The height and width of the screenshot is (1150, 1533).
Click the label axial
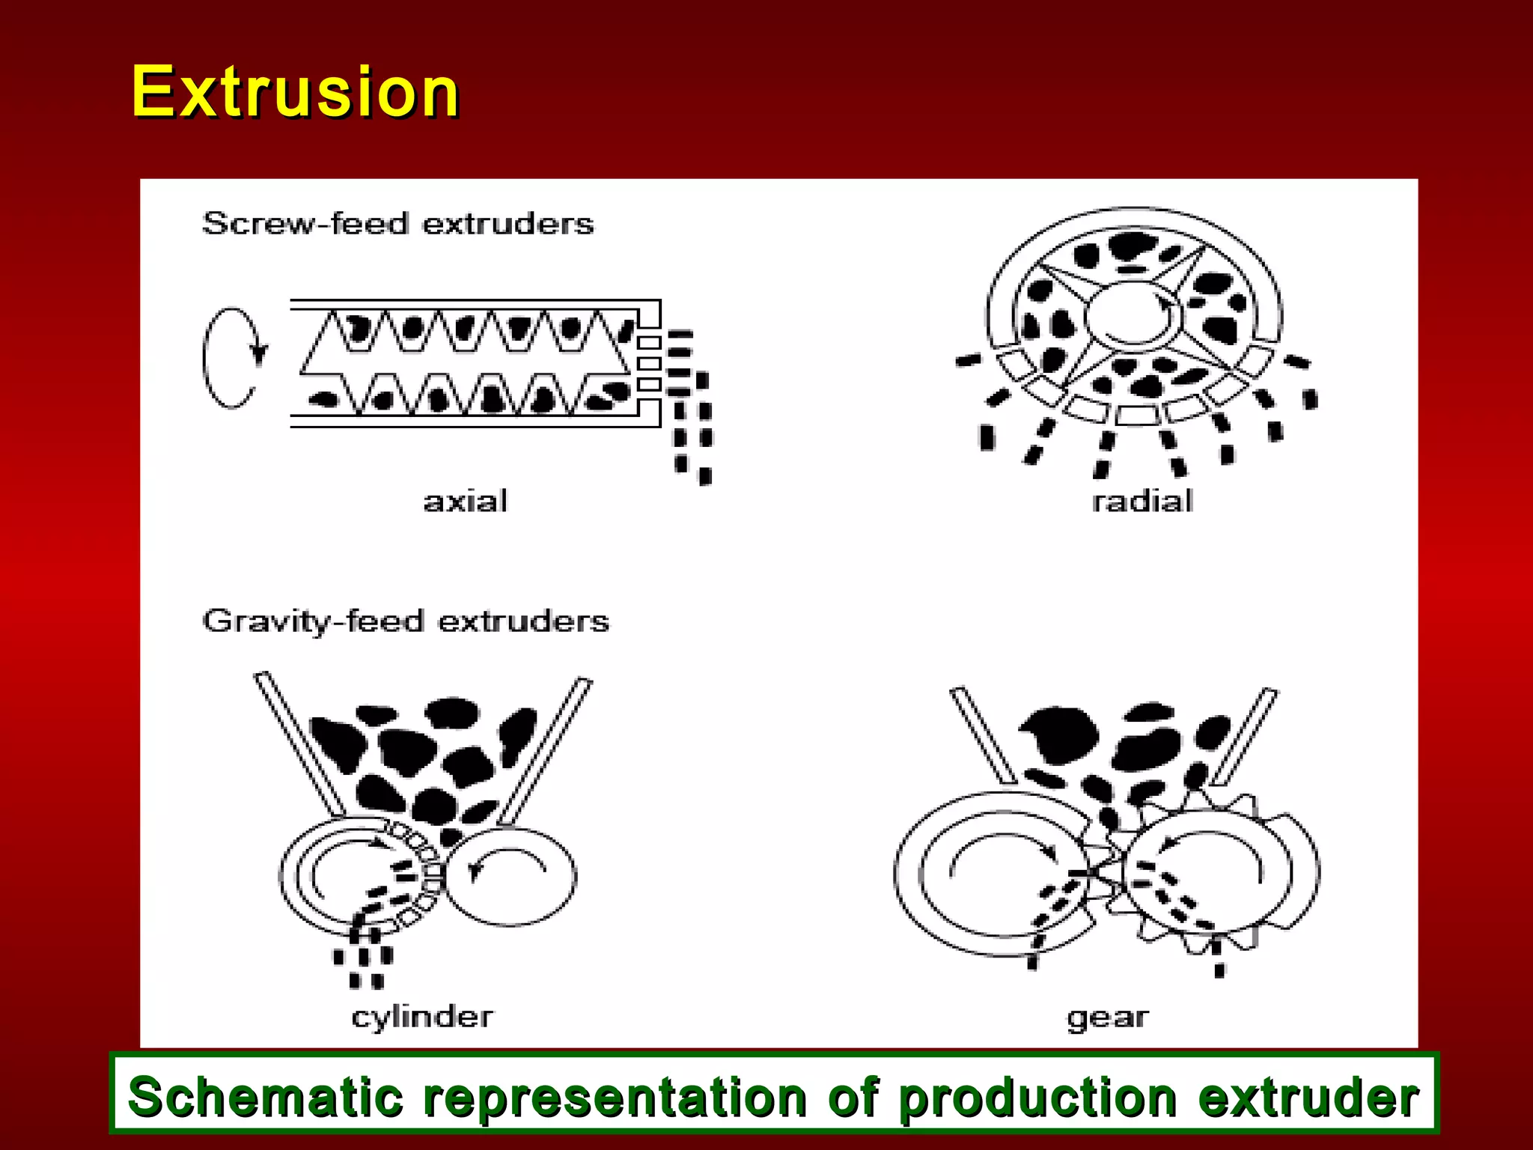click(465, 501)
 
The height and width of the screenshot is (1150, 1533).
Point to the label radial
click(1142, 501)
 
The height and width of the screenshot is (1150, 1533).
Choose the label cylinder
click(422, 1017)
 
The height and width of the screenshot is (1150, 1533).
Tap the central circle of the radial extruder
click(1133, 314)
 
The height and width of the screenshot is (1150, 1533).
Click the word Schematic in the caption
click(266, 1097)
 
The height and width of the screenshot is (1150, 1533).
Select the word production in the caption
click(1037, 1097)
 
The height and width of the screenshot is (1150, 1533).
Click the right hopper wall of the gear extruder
click(1244, 737)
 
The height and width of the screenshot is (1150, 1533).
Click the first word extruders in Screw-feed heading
click(508, 224)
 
